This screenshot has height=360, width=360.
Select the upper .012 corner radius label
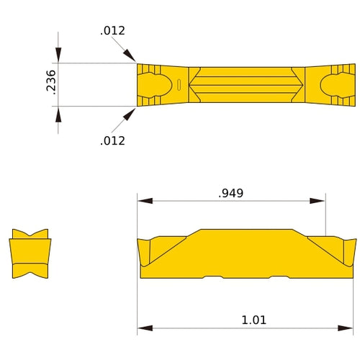tap(112, 30)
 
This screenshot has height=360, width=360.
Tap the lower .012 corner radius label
tap(112, 140)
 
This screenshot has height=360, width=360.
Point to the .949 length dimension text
tap(230, 193)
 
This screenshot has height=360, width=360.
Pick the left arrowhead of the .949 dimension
tap(145, 201)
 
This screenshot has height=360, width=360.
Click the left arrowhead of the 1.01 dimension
tap(145, 328)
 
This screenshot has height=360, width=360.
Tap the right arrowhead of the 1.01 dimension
tap(349, 328)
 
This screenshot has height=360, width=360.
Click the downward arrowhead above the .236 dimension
tap(58, 56)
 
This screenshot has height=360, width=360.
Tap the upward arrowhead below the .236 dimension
tap(58, 114)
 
